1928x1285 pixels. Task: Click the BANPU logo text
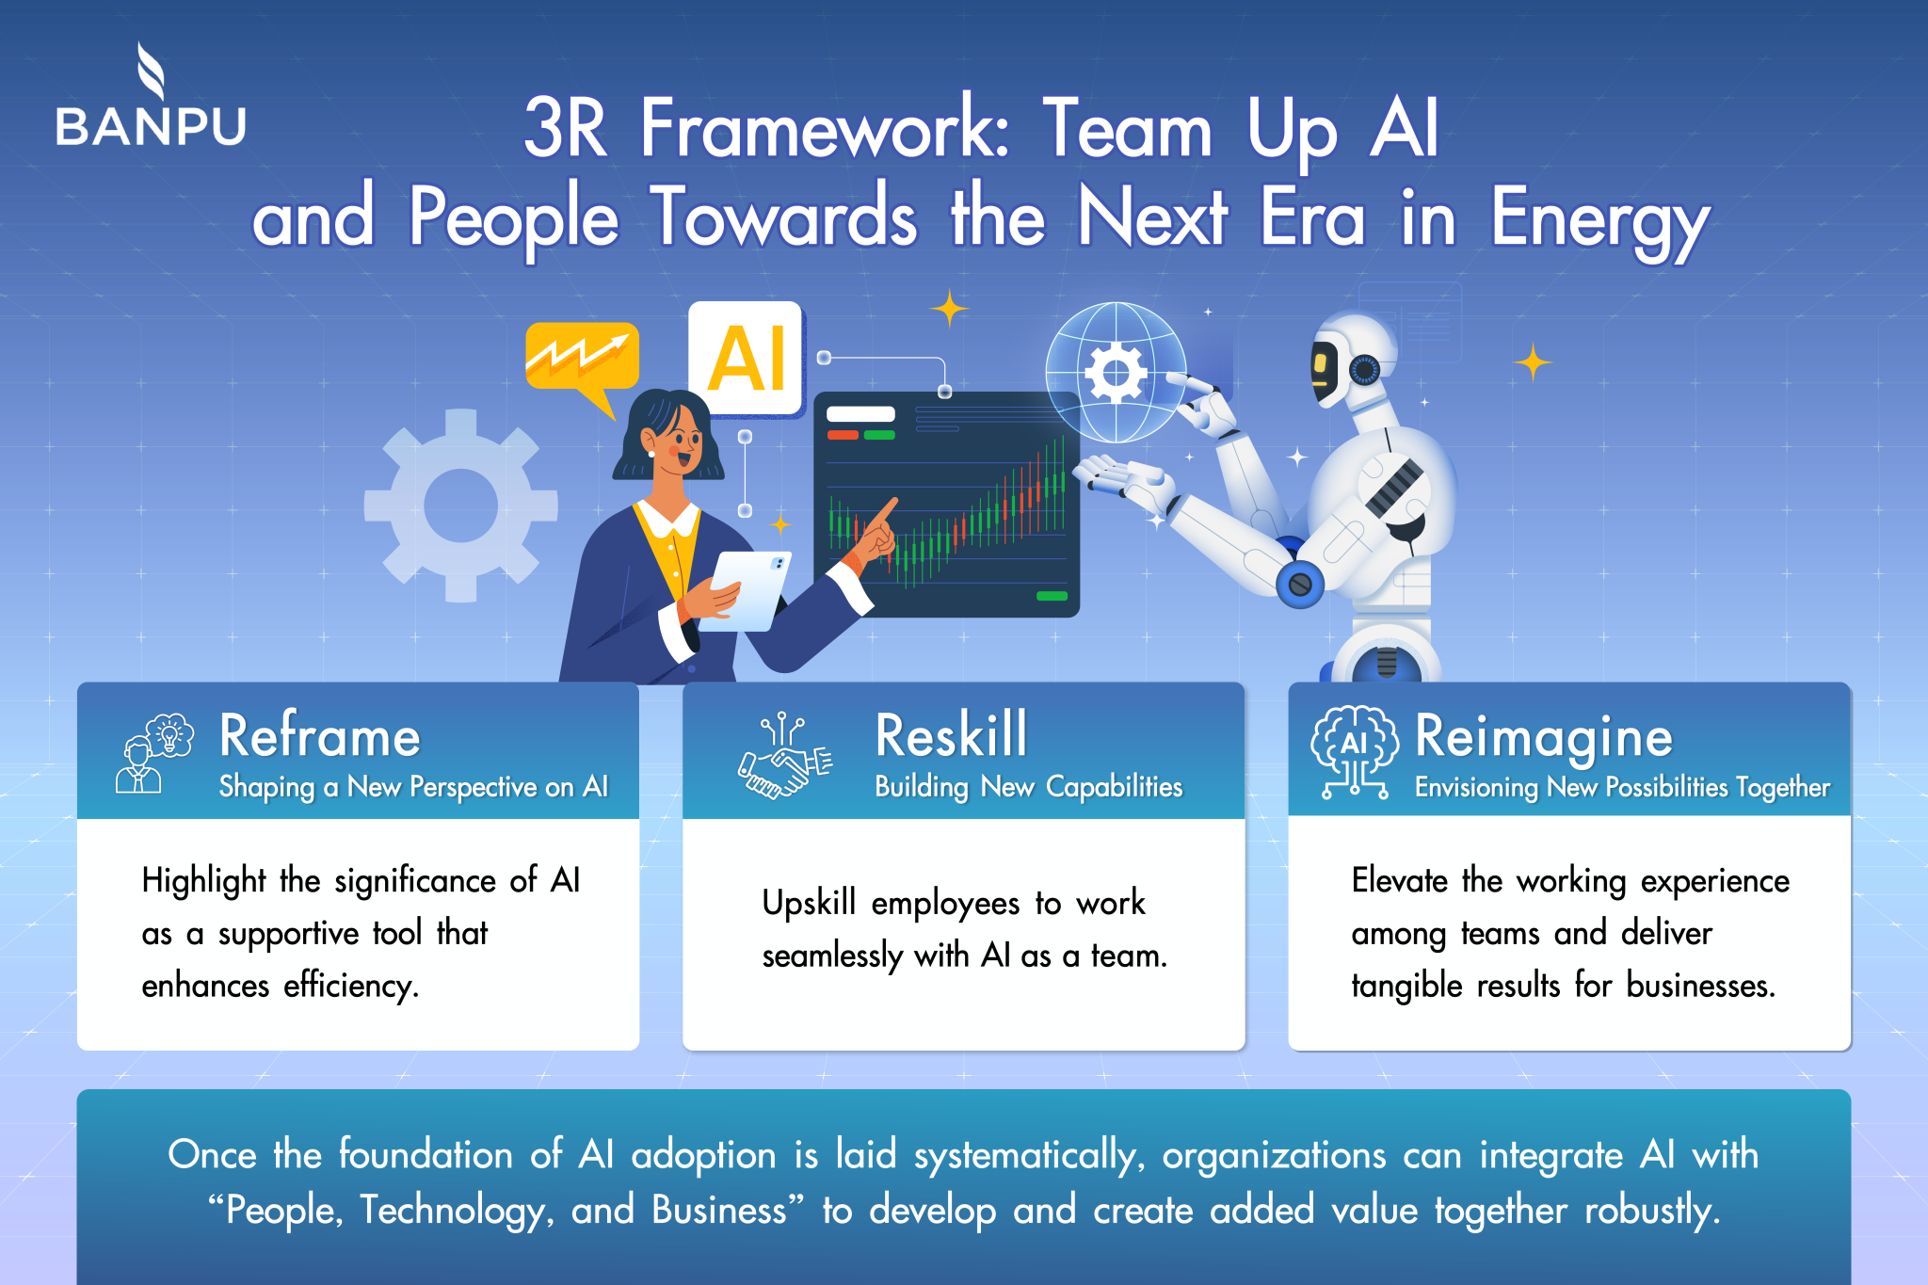[151, 126]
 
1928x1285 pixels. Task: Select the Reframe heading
[320, 736]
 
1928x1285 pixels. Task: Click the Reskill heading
[951, 736]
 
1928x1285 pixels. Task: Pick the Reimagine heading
[1544, 736]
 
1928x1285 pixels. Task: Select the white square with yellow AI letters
[746, 359]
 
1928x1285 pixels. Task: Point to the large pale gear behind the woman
[460, 506]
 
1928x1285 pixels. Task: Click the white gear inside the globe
[1116, 373]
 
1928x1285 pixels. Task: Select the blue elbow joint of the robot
[1300, 585]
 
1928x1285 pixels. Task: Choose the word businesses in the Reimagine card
[1700, 987]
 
